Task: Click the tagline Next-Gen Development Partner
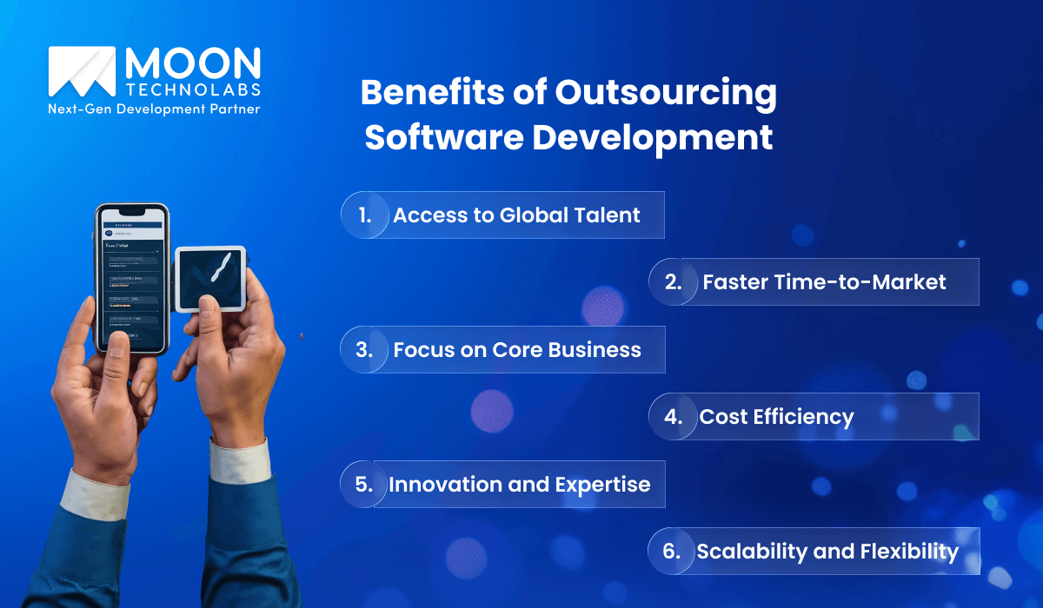155,109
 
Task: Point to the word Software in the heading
443,138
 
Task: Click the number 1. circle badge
364,215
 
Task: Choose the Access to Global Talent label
516,215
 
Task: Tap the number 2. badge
673,281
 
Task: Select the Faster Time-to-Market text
824,281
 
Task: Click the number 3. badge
364,349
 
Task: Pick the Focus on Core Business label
517,350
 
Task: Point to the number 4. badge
673,416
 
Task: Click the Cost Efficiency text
776,417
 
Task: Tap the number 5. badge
364,484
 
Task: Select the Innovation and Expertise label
519,485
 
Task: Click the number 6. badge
673,551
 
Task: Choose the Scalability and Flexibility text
827,552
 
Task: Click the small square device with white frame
211,278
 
